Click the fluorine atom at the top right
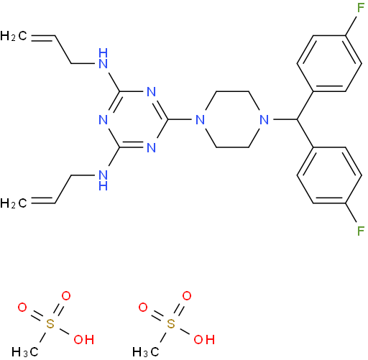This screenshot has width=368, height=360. [x=361, y=8]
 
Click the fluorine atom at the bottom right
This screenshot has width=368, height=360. [x=361, y=231]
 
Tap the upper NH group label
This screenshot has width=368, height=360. [x=103, y=58]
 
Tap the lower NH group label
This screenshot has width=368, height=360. [x=103, y=180]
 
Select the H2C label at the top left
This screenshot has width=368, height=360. [x=14, y=36]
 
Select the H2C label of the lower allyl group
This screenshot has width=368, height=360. [x=14, y=203]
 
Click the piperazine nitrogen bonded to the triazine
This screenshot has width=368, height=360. [x=201, y=119]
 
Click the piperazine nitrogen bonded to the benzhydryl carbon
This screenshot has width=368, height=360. [x=264, y=119]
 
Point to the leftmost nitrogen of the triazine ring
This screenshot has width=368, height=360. [x=103, y=119]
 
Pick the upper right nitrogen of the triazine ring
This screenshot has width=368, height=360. [x=152, y=92]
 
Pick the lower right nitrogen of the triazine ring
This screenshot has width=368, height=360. [x=152, y=147]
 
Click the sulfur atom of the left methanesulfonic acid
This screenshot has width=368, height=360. [x=50, y=324]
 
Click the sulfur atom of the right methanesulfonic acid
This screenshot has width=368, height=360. [x=171, y=324]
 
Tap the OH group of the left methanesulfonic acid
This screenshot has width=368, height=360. [x=84, y=340]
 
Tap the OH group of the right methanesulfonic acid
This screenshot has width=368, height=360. [x=204, y=340]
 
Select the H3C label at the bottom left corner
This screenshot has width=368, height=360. [x=25, y=352]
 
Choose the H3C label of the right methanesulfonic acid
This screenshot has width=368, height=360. [x=146, y=352]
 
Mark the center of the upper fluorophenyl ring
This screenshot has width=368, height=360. [x=329, y=64]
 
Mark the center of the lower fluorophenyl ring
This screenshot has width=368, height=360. [x=329, y=175]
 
